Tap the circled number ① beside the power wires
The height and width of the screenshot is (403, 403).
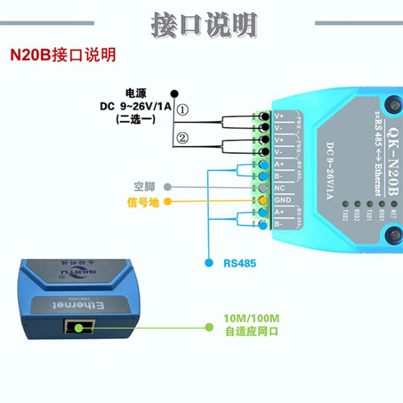(x=183, y=110)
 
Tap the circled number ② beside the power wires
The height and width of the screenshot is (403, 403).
(x=183, y=139)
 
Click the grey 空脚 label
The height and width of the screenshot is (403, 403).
(x=144, y=187)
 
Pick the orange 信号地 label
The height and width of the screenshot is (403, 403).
(x=143, y=202)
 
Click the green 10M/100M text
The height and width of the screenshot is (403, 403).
(x=251, y=318)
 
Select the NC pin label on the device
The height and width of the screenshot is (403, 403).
(x=280, y=189)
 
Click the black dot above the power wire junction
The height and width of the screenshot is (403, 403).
(x=174, y=93)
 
